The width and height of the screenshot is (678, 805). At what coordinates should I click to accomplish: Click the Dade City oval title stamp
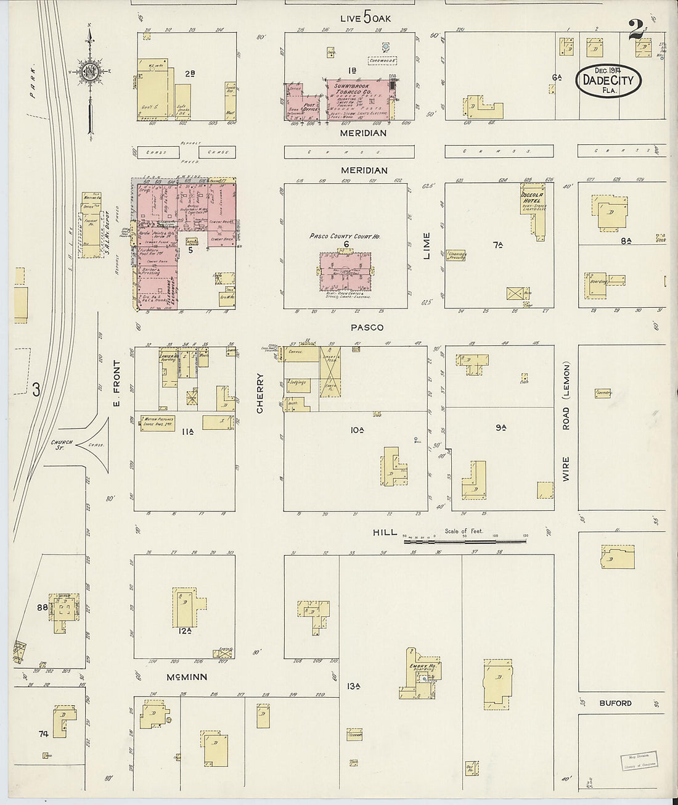pyautogui.click(x=608, y=80)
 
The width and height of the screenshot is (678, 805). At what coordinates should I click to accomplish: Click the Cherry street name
pyautogui.click(x=260, y=393)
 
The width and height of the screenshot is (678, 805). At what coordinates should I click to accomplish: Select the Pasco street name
pyautogui.click(x=367, y=328)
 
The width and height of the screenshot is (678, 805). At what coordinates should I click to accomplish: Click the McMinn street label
pyautogui.click(x=186, y=677)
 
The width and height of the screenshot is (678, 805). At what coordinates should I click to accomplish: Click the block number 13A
pyautogui.click(x=353, y=686)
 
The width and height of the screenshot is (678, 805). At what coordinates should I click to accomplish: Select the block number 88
pyautogui.click(x=43, y=607)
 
